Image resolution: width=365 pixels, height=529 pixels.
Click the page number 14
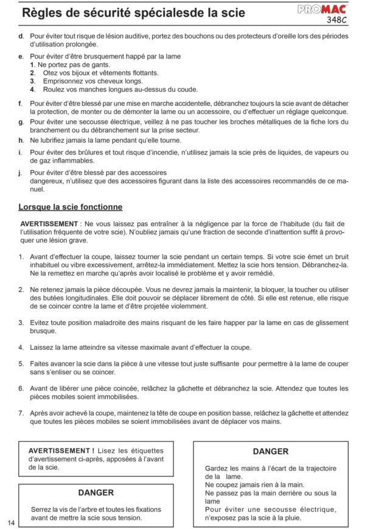(12, 522)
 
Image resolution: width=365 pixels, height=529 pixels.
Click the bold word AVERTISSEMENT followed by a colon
(49, 224)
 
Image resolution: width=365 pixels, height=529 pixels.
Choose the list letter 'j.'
(21, 172)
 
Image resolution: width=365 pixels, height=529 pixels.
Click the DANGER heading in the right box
(270, 452)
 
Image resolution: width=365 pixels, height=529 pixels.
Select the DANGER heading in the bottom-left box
(96, 492)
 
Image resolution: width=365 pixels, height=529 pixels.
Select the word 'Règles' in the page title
(40, 13)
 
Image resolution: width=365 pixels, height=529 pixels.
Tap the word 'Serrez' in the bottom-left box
(42, 509)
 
